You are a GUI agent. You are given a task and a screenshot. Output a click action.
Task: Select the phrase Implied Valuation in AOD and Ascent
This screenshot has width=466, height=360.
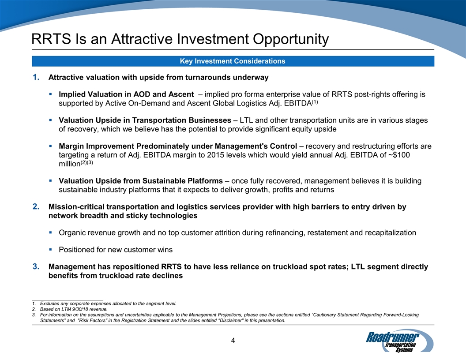point(126,94)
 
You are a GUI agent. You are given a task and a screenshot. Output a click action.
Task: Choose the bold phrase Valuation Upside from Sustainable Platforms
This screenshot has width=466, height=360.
point(141,181)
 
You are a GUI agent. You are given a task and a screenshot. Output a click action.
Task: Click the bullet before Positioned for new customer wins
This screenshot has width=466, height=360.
point(51,250)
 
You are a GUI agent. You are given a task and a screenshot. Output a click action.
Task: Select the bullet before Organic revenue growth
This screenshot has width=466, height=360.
point(51,232)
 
